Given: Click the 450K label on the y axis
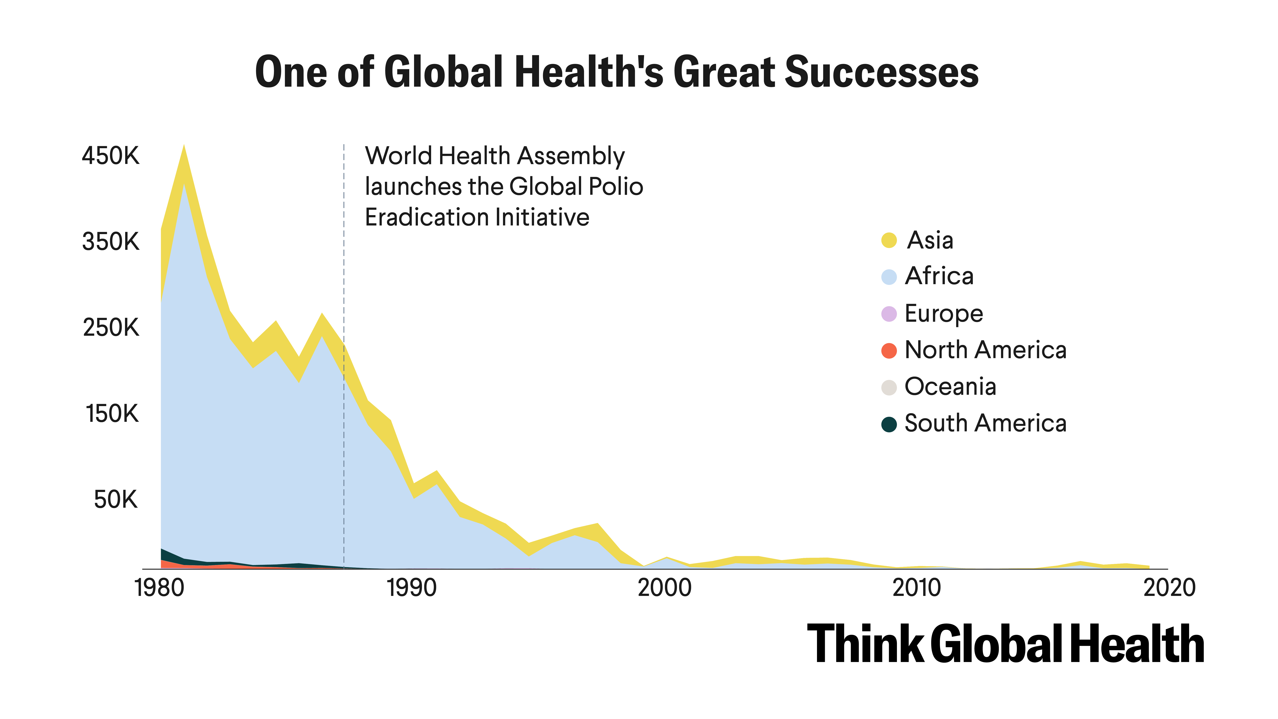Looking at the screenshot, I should click(x=111, y=156).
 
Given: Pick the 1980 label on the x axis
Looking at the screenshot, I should click(x=159, y=588).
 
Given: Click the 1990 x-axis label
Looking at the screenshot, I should click(x=412, y=588).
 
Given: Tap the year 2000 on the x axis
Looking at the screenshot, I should click(x=664, y=588).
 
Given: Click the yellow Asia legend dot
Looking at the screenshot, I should click(x=889, y=240).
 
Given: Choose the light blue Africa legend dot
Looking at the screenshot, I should click(x=889, y=277).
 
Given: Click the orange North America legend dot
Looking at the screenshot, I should click(x=889, y=350).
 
